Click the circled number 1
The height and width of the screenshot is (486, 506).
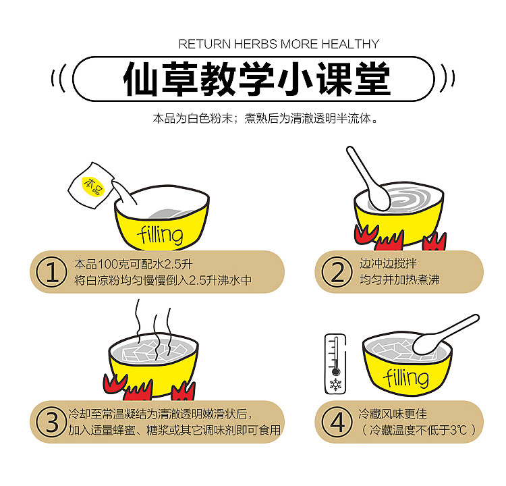pos(51,272)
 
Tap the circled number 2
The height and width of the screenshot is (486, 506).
pos(337,272)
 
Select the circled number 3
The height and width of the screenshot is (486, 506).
pos(51,422)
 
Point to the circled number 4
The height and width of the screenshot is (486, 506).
pos(337,422)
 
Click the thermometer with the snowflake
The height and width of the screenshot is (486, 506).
pos(335,364)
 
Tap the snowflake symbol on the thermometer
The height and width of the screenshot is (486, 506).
pos(335,384)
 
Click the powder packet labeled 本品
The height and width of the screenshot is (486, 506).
pos(91,186)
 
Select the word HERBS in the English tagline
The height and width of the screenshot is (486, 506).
pos(255,44)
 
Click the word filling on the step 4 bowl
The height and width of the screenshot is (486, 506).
pos(406,377)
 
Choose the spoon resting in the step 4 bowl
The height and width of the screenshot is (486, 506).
pos(445,335)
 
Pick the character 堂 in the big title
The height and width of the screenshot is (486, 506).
pos(373,79)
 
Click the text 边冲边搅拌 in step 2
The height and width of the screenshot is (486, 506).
pos(388,263)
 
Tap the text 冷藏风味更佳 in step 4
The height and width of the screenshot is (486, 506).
pos(393,414)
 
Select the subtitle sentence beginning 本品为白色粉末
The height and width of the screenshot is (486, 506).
pos(265,119)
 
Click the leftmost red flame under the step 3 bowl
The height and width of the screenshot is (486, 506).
pos(115,383)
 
